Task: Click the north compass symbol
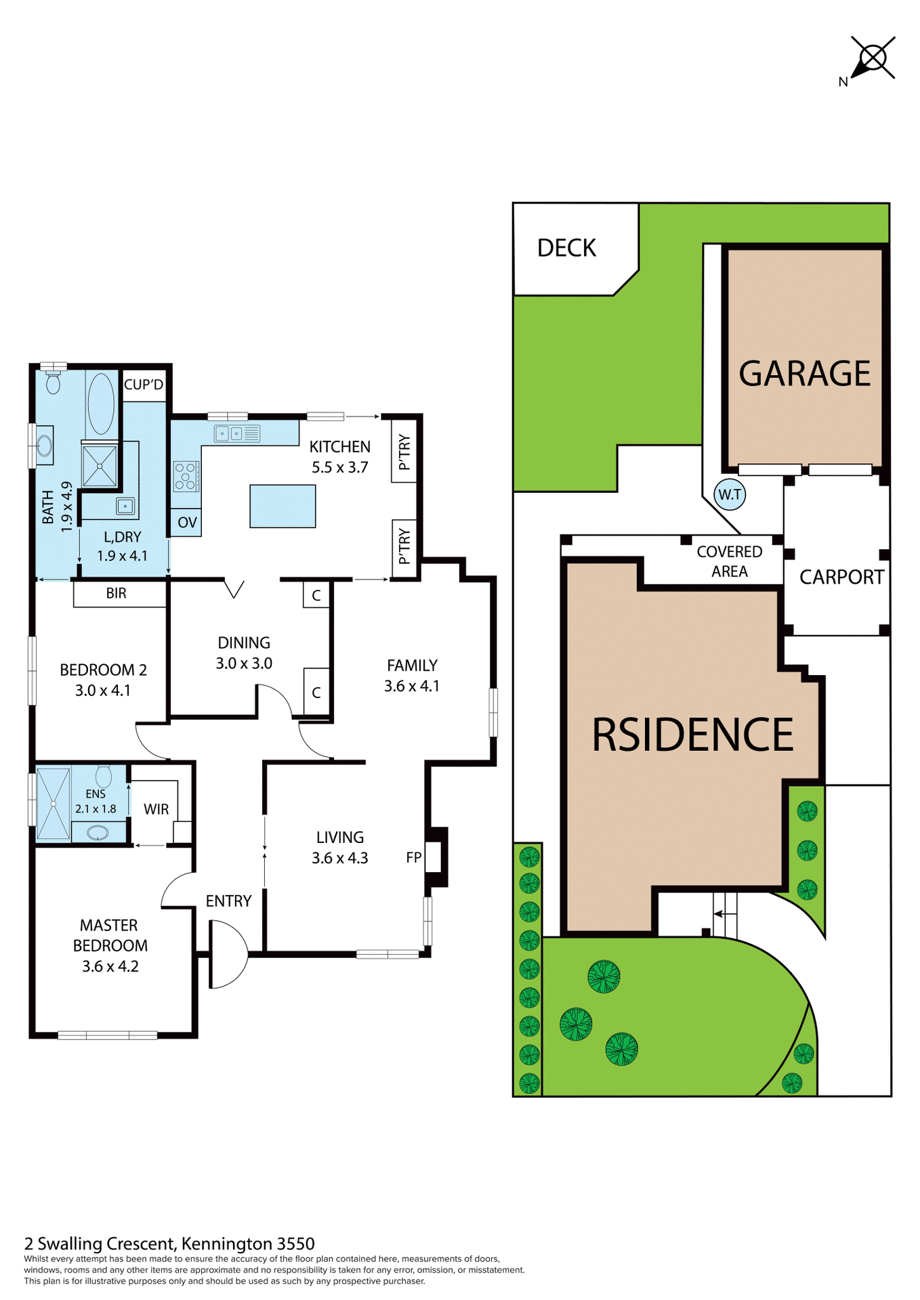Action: [x=872, y=59]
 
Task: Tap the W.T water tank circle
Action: [x=730, y=494]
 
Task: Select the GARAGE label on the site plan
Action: [x=804, y=374]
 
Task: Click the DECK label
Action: [x=566, y=248]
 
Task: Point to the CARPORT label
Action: [x=841, y=577]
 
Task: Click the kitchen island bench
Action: [x=283, y=506]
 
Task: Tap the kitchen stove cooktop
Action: [x=186, y=475]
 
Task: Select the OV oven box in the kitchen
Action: [x=186, y=522]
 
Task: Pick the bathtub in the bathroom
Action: [x=101, y=404]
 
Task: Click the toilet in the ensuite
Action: [x=104, y=776]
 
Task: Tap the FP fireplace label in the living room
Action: [x=413, y=857]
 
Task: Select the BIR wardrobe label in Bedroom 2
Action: [x=117, y=593]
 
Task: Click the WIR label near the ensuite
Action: [x=156, y=809]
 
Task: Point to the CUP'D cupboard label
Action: [x=144, y=385]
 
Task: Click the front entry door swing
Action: [x=228, y=953]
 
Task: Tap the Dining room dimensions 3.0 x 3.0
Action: [x=244, y=664]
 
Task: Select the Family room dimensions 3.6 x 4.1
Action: [x=411, y=686]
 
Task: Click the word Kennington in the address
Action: [x=227, y=1244]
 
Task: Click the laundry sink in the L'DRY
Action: [x=125, y=505]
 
